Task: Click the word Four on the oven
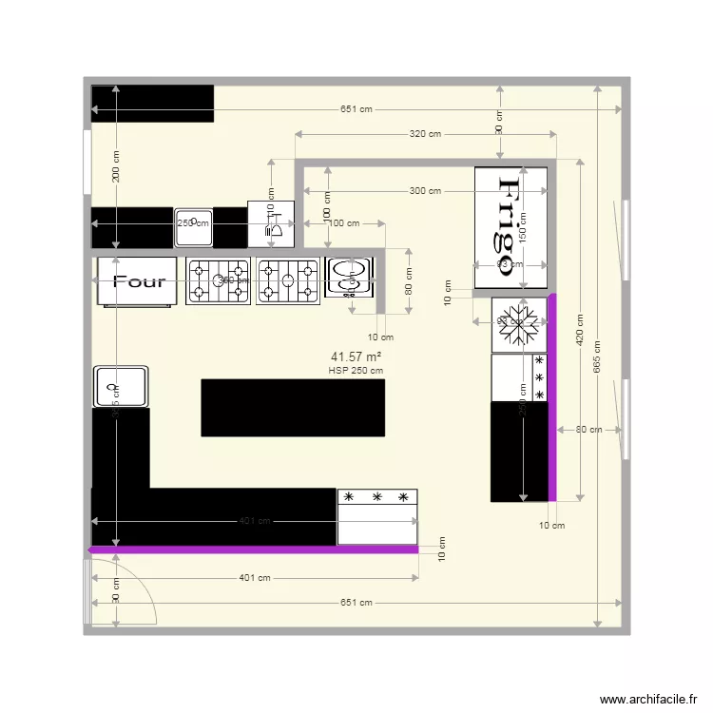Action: tap(139, 281)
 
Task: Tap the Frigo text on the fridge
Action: tap(511, 226)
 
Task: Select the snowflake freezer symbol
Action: tap(519, 325)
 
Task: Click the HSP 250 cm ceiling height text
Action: tap(356, 371)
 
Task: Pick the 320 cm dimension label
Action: tap(425, 134)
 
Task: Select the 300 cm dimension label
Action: tap(425, 191)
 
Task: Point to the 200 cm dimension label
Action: tap(116, 166)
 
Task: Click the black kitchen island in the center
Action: tap(293, 408)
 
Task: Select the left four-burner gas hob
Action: tap(218, 280)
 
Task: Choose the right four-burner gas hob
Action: tap(288, 280)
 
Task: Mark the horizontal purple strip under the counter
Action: tap(253, 549)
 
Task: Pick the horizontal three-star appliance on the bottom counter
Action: tap(377, 516)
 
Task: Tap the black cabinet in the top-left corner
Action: tap(152, 104)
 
